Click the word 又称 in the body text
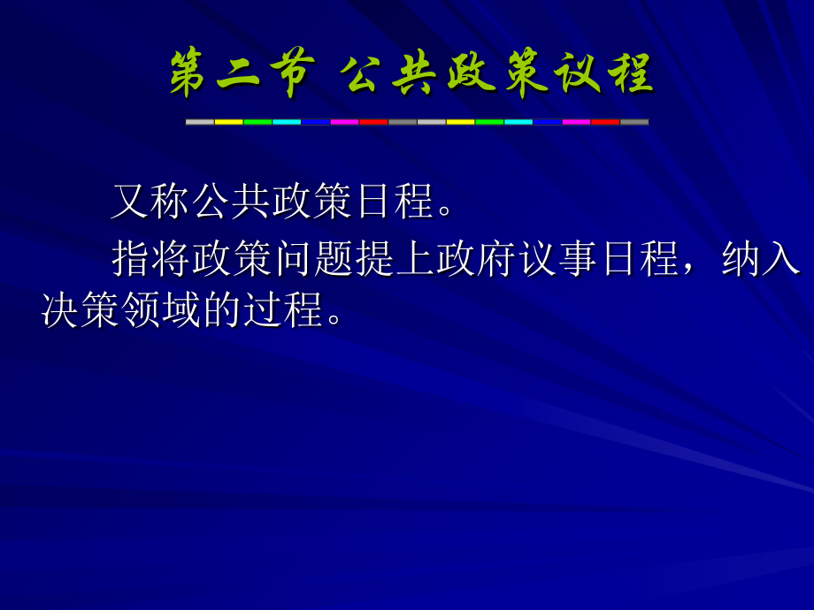pos(151,202)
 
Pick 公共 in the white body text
pos(233,202)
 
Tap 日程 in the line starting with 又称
pos(395,202)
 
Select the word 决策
pos(82,309)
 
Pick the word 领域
pos(164,309)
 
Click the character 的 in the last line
pos(225,309)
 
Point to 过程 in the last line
pos(286,309)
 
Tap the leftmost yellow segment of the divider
pos(229,122)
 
